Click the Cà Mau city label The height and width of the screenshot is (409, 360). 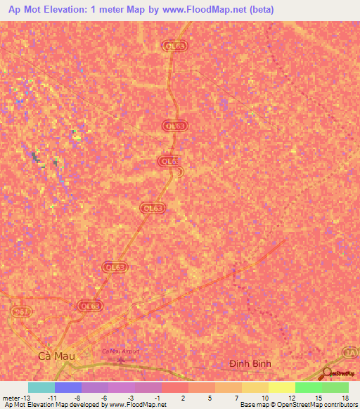point(54,356)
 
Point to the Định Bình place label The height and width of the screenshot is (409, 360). point(250,363)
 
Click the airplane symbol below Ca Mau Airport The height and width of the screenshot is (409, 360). point(120,361)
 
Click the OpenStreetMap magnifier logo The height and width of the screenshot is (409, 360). point(327,372)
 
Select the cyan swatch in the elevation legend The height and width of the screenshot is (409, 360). point(41,387)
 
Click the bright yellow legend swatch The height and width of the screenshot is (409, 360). point(281,387)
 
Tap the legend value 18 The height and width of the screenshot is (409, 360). point(345,397)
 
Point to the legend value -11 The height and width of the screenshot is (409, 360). point(52,397)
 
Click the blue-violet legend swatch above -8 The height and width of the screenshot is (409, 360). point(67,387)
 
